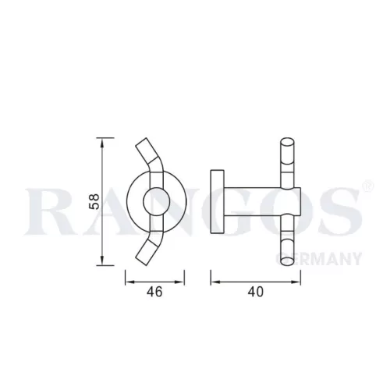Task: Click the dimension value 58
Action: coord(94,201)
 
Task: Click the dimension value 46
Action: coord(154,292)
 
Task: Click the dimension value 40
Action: coord(256,292)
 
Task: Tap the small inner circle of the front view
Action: coord(157,201)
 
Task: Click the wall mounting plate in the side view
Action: coord(218,202)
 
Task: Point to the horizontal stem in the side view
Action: coord(262,201)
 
